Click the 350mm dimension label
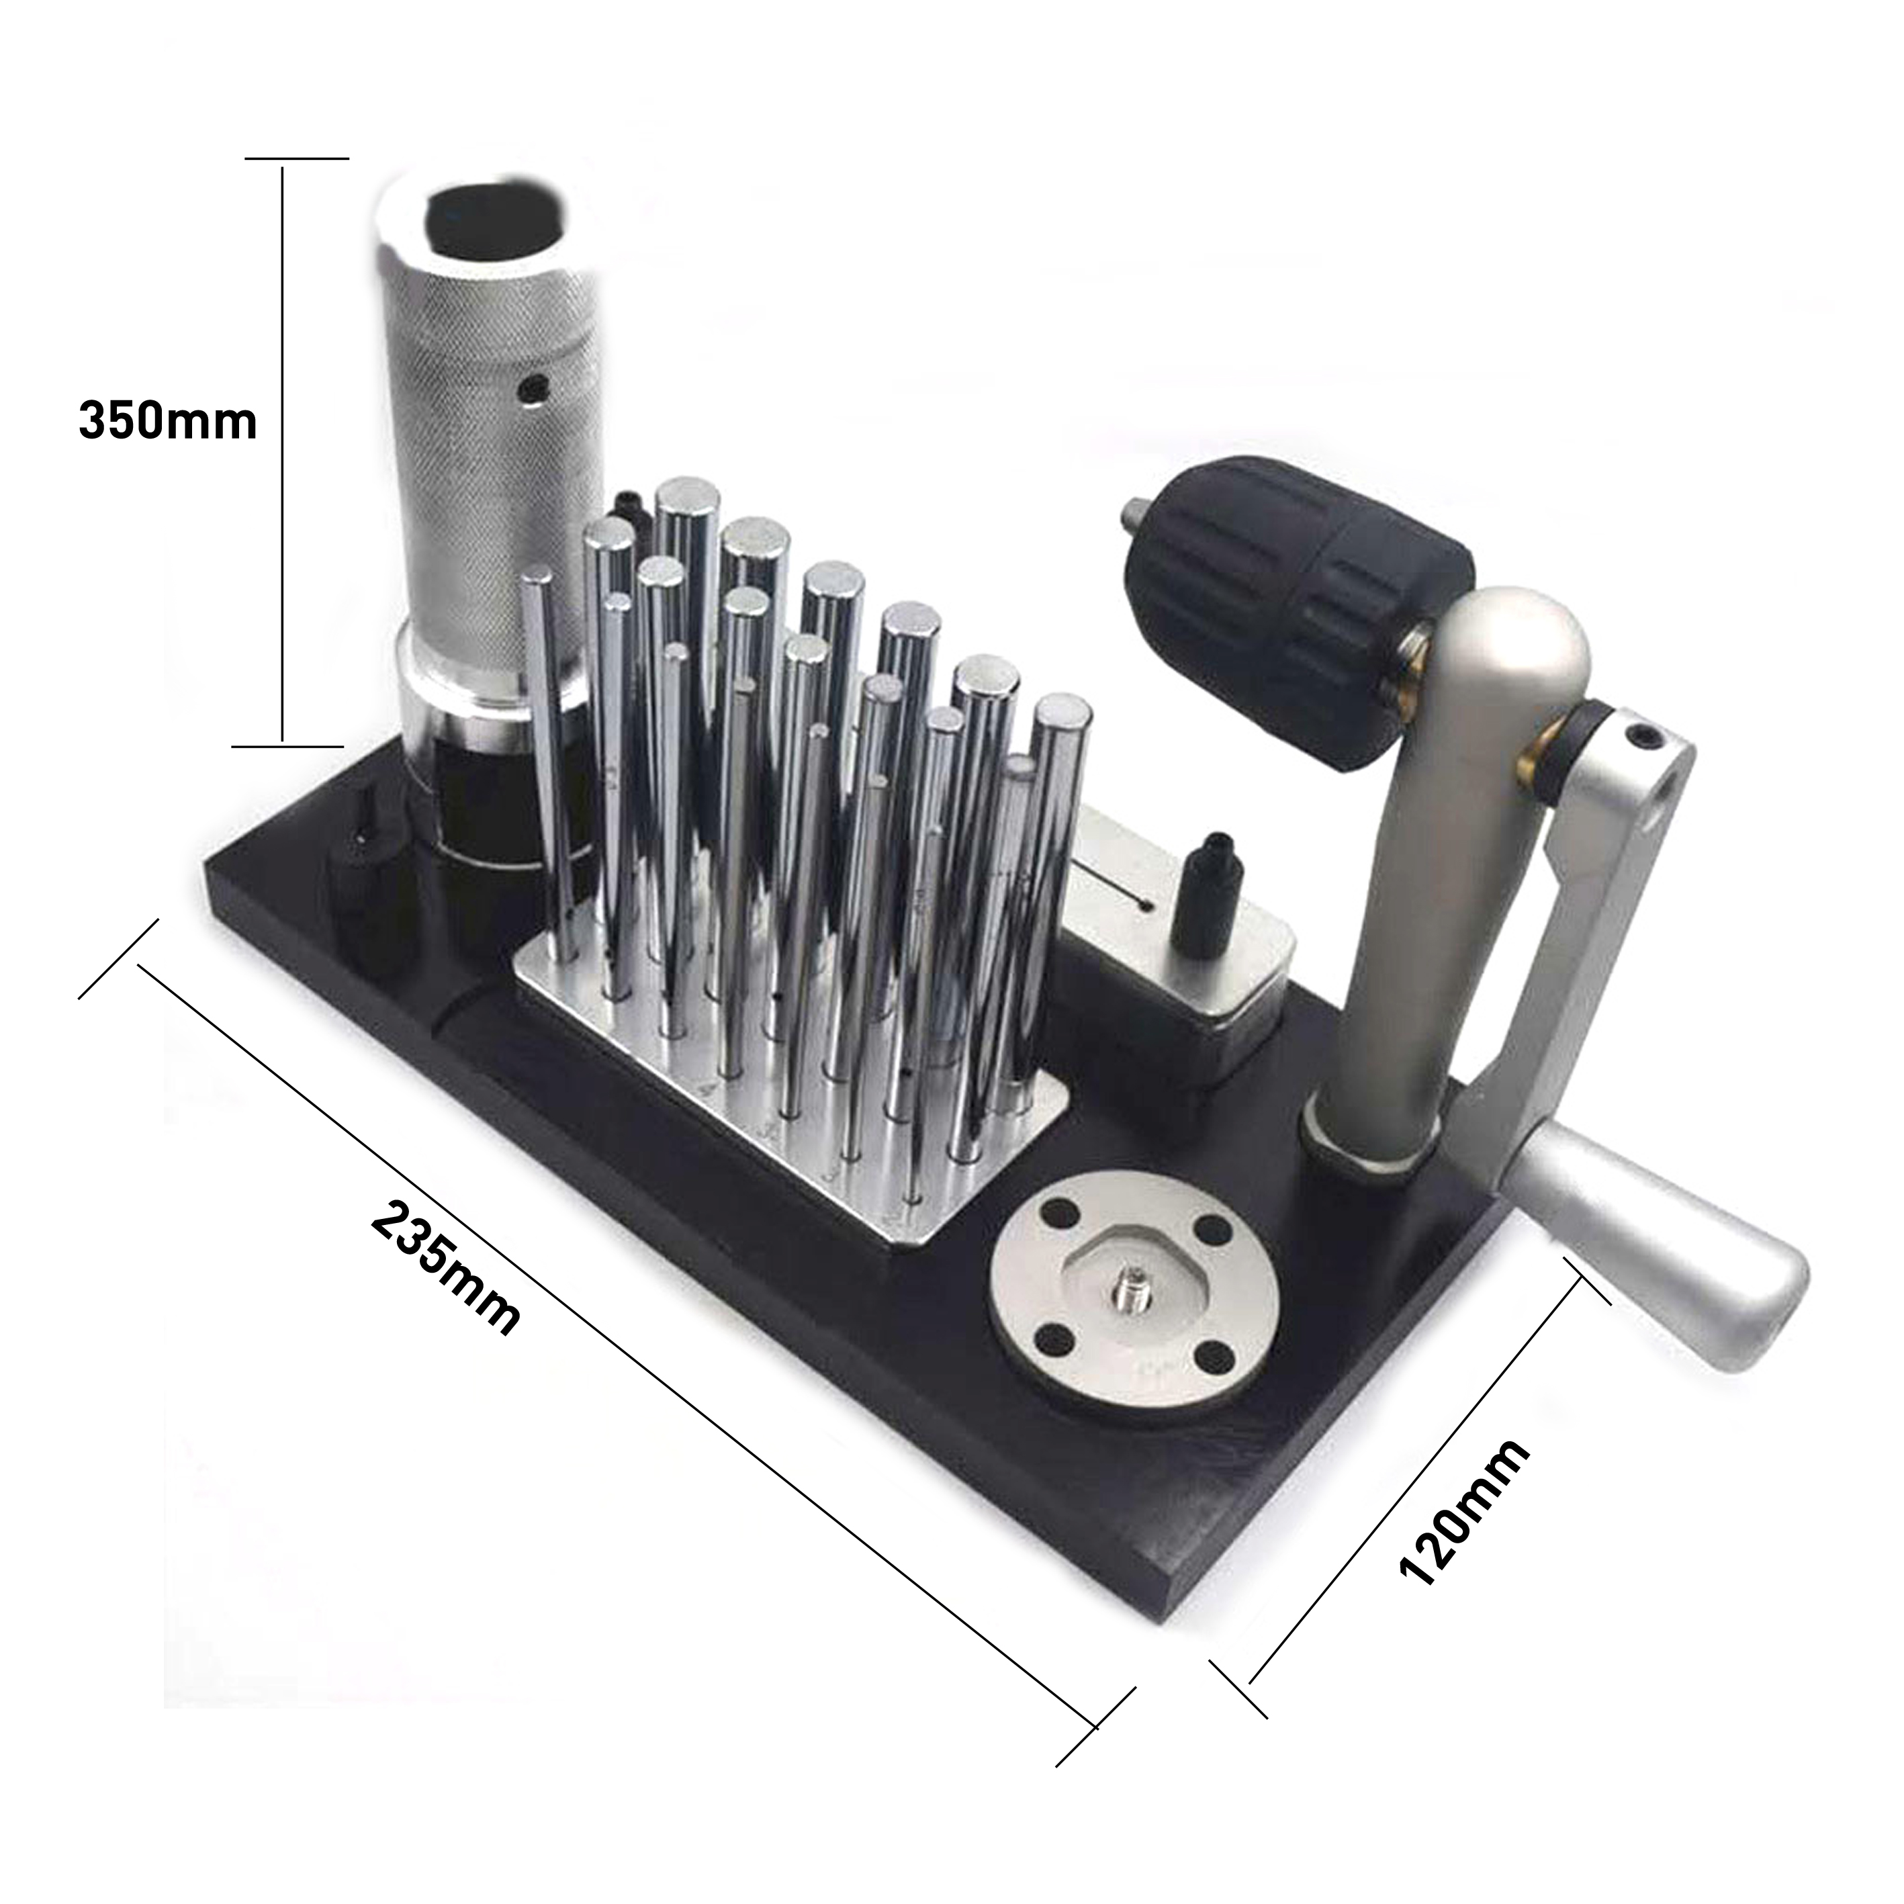(x=167, y=421)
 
